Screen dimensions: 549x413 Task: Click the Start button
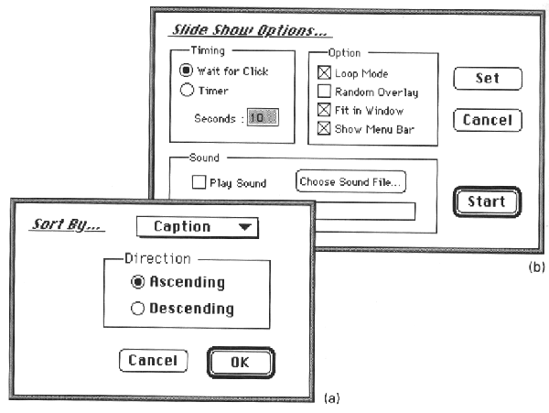[x=487, y=201]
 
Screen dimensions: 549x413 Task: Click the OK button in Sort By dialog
[x=241, y=363]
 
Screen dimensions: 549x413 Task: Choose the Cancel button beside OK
[x=154, y=361]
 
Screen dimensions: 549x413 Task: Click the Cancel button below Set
[x=488, y=120]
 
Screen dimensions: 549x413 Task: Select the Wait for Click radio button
[x=187, y=71]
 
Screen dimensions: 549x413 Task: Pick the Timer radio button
[x=187, y=90]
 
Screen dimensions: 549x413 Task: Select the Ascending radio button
[x=137, y=282]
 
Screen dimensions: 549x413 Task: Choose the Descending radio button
[x=137, y=309]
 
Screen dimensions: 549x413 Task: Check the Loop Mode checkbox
[x=324, y=72]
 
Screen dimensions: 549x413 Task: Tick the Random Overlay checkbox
[x=324, y=91]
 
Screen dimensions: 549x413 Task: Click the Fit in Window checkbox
[x=324, y=110]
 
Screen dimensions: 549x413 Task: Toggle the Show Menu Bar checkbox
[x=324, y=128]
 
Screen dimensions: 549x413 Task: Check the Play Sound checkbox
[x=199, y=182]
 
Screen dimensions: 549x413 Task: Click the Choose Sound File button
[x=350, y=182]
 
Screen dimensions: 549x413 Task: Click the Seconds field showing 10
[x=263, y=117]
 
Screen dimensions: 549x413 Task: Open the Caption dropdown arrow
[x=244, y=227]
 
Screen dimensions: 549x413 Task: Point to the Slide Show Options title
[x=250, y=30]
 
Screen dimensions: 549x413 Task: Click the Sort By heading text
[x=67, y=224]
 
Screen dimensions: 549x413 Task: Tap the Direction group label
[x=158, y=258]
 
